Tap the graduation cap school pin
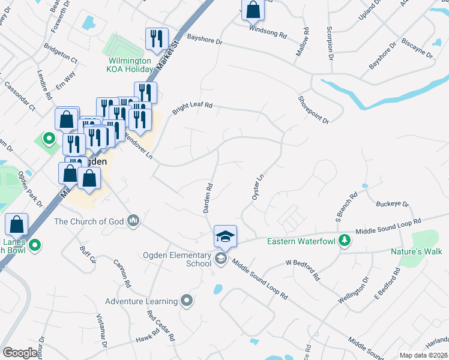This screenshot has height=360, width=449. [x=225, y=236]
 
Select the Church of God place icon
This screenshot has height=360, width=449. [x=133, y=221]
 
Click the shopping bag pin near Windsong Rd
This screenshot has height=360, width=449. [x=254, y=10]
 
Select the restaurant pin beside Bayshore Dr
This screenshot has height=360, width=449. [x=157, y=38]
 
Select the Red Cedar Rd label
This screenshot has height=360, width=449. [x=161, y=326]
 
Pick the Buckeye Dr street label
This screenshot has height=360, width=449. [x=392, y=204]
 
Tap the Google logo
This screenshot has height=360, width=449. [x=20, y=353]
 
